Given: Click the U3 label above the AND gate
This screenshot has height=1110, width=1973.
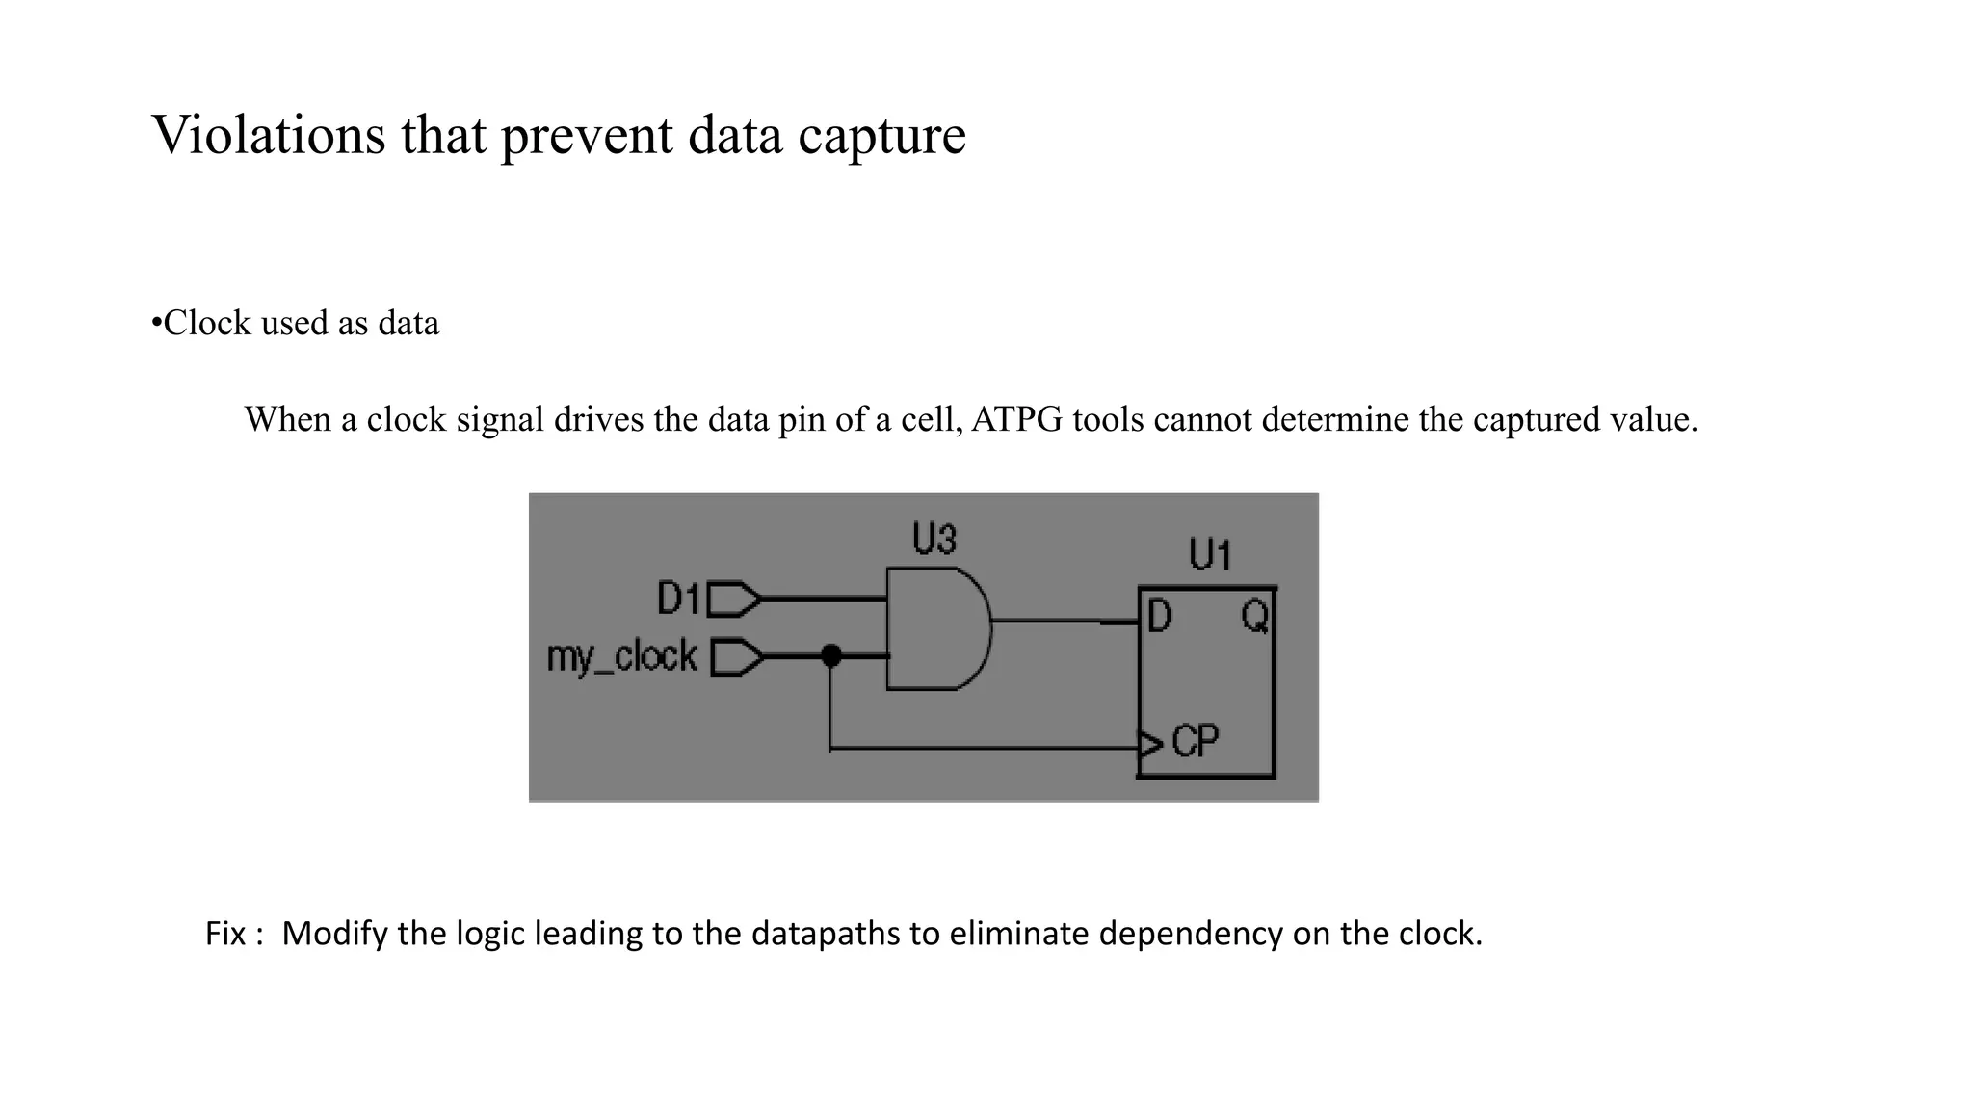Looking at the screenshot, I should [x=934, y=539].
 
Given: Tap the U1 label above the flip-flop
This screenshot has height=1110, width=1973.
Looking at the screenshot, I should [x=1209, y=556].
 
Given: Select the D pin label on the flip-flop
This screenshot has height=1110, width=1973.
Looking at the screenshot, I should [x=1159, y=617].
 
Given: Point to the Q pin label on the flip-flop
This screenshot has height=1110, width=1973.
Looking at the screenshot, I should [x=1254, y=616].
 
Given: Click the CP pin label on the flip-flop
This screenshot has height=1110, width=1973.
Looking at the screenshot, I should [x=1196, y=741].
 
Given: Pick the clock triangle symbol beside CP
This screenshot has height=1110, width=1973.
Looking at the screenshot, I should [x=1150, y=745].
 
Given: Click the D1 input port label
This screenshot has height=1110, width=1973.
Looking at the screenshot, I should [x=678, y=598].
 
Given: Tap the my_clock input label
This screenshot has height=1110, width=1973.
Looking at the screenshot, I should [x=621, y=657].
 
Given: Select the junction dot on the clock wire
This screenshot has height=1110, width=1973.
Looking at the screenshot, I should [x=830, y=656].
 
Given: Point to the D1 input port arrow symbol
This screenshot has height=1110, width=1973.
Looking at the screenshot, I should [x=734, y=599].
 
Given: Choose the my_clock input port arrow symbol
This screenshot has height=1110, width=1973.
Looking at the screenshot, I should [x=737, y=658].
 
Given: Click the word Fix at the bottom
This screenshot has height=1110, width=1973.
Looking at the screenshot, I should [x=225, y=934].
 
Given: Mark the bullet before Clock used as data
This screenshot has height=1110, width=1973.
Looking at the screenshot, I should [x=156, y=323].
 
